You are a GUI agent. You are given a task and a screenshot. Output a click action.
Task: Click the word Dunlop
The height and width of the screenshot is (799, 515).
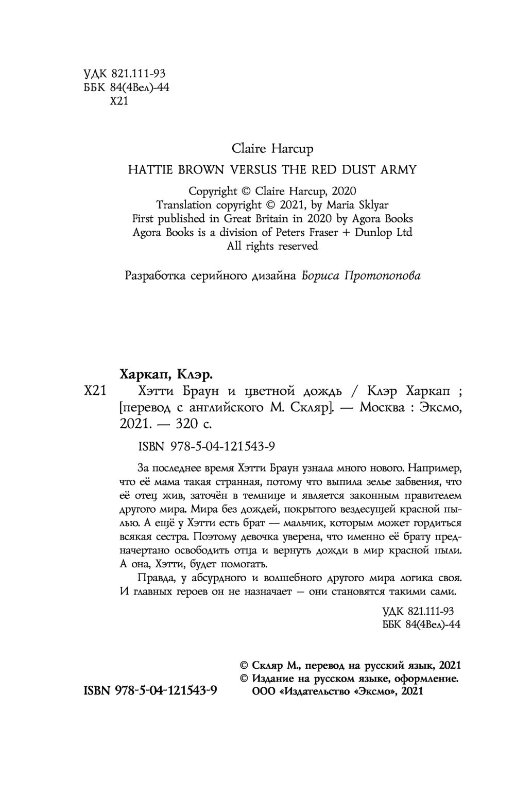376,233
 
